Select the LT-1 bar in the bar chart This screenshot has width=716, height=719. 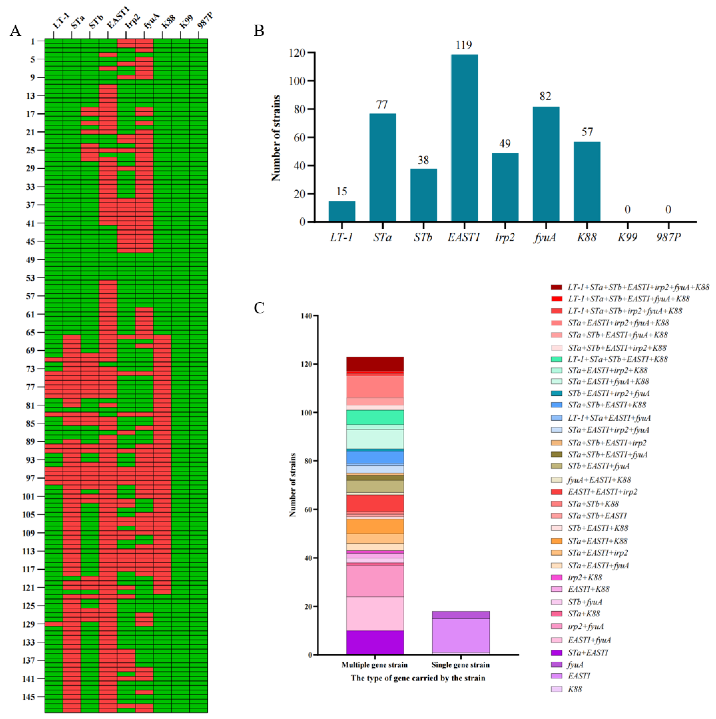pyautogui.click(x=342, y=211)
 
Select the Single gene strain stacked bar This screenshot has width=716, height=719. pyautogui.click(x=460, y=633)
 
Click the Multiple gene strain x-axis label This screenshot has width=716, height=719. pyautogui.click(x=374, y=665)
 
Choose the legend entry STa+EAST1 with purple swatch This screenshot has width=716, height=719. pyautogui.click(x=588, y=652)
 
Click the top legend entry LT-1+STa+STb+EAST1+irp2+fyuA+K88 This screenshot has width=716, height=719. pyautogui.click(x=638, y=287)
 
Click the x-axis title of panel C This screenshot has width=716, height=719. pyautogui.click(x=418, y=678)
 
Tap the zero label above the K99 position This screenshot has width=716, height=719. pyautogui.click(x=627, y=210)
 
